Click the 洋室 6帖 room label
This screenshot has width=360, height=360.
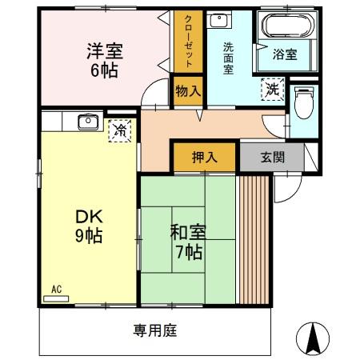pos(105,61)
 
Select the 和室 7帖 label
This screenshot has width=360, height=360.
pos(188,242)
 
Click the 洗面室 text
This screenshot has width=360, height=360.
pos(228,58)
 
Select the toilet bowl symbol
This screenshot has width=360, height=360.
pos(304,102)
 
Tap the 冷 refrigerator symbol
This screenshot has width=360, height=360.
pos(120,129)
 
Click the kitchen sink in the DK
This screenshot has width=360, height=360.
pos(86,122)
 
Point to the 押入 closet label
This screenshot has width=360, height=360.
pos(205,158)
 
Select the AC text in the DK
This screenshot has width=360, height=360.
pos(56,288)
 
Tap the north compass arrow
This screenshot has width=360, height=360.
pos(314,338)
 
